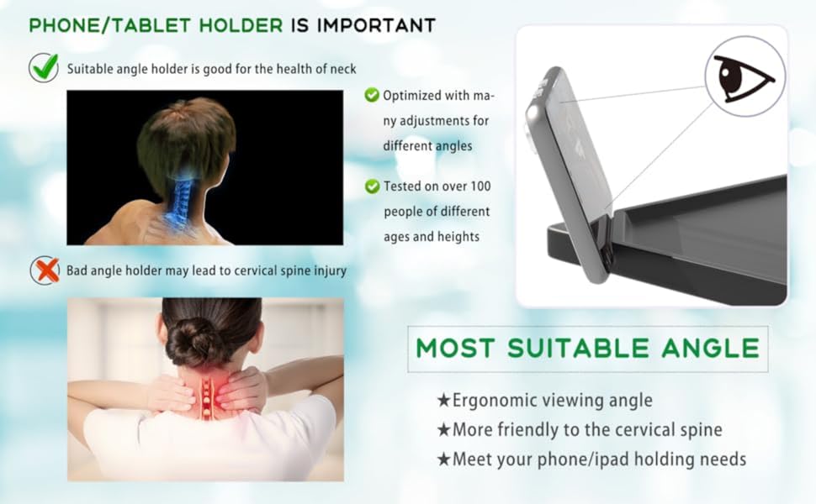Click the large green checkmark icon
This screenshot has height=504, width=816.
click(44, 67)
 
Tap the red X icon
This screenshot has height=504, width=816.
click(45, 270)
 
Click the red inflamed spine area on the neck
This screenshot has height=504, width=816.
click(207, 396)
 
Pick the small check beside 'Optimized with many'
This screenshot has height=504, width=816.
click(372, 95)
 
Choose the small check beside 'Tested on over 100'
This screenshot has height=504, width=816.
click(372, 186)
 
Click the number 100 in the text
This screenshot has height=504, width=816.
click(480, 186)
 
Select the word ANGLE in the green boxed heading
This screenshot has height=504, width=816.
click(710, 348)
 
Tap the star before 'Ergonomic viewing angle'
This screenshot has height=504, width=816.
click(443, 401)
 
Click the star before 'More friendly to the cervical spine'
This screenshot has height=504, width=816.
click(443, 430)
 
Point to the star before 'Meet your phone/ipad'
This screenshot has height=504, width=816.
click(443, 459)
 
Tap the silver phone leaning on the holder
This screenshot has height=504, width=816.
click(569, 174)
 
